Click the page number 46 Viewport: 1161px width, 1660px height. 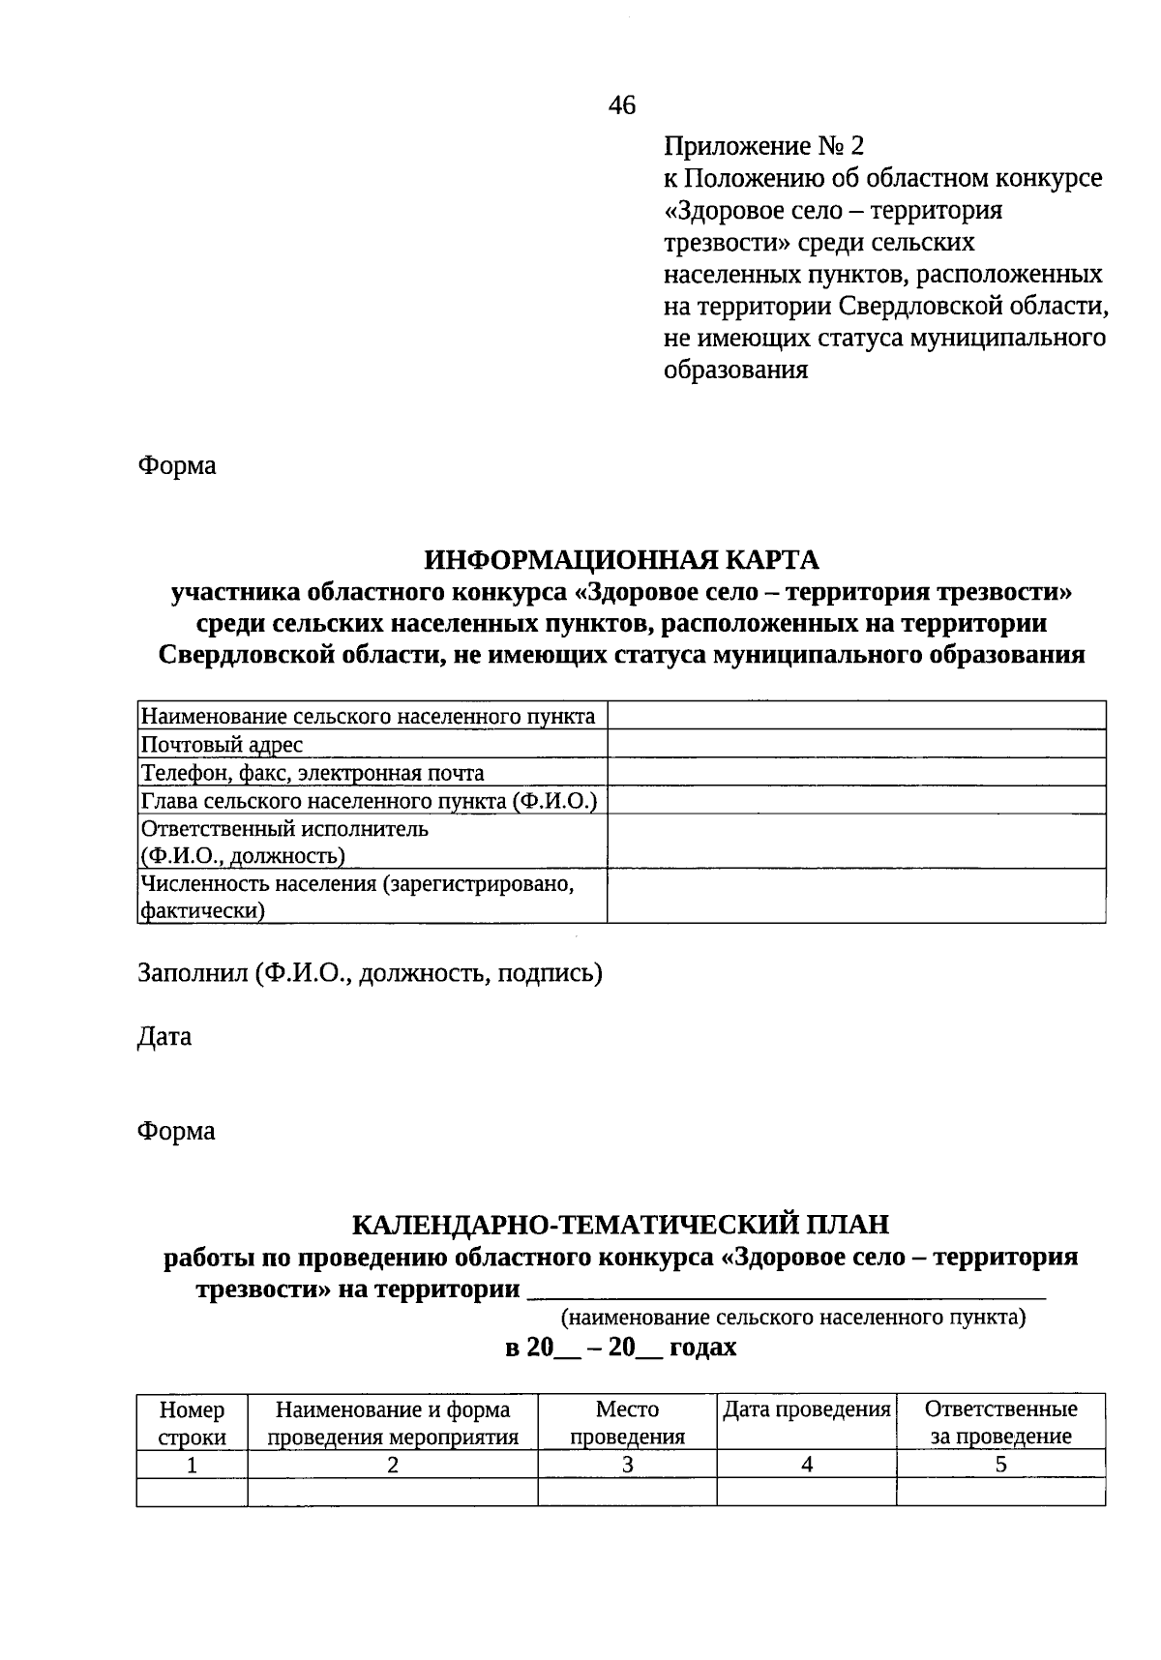tap(622, 104)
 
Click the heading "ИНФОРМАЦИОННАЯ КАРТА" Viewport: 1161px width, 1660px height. tap(622, 559)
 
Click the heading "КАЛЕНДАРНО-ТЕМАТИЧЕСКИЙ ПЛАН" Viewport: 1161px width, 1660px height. tap(620, 1224)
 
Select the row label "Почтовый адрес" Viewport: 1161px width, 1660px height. tap(222, 744)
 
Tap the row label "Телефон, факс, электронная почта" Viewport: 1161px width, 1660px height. tap(313, 772)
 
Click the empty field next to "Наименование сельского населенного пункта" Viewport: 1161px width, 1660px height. tap(856, 716)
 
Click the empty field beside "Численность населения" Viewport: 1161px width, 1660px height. tap(856, 896)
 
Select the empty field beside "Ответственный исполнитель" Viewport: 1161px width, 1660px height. tap(856, 842)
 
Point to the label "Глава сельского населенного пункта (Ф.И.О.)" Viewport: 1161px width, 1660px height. tap(369, 800)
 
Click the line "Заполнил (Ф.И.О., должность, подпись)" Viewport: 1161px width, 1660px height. tap(370, 972)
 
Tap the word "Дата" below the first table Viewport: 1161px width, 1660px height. tap(164, 1036)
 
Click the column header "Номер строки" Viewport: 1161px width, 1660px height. tap(192, 1422)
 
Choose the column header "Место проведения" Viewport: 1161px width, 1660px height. tap(627, 1422)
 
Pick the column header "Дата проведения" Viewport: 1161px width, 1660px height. tap(807, 1409)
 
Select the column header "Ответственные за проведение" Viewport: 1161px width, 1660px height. tap(1000, 1422)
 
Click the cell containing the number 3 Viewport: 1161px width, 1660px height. tap(627, 1465)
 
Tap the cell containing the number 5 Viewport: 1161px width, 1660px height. tap(1000, 1465)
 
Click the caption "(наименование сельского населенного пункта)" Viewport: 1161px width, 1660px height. tap(793, 1317)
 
